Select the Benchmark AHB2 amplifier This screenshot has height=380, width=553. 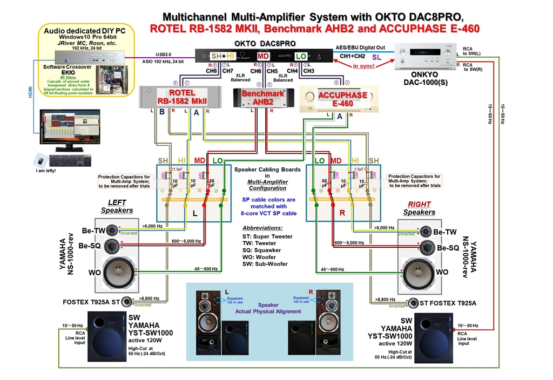(262, 98)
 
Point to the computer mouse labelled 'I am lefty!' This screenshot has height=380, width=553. (39, 160)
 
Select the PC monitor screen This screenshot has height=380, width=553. (70, 127)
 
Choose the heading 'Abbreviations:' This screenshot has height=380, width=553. (263, 228)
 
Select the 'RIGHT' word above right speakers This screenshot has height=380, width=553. (419, 205)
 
